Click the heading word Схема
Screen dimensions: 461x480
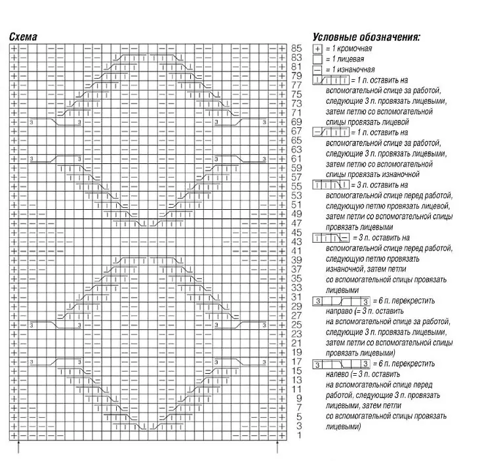click(x=23, y=37)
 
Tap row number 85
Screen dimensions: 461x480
click(x=296, y=49)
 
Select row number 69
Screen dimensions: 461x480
click(x=296, y=122)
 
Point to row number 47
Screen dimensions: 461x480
click(x=296, y=223)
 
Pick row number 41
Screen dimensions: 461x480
click(x=296, y=251)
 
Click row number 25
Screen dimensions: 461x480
click(x=296, y=325)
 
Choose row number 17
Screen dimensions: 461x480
click(x=296, y=361)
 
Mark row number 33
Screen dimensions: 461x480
click(x=296, y=287)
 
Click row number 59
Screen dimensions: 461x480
click(x=296, y=168)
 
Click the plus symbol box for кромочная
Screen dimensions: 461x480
click(x=317, y=49)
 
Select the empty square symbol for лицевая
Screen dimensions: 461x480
click(x=317, y=59)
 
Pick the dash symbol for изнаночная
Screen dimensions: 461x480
click(x=317, y=69)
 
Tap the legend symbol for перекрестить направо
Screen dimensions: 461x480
click(x=337, y=300)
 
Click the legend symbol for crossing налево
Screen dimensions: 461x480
click(x=337, y=364)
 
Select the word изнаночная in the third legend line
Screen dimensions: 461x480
click(x=357, y=70)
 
